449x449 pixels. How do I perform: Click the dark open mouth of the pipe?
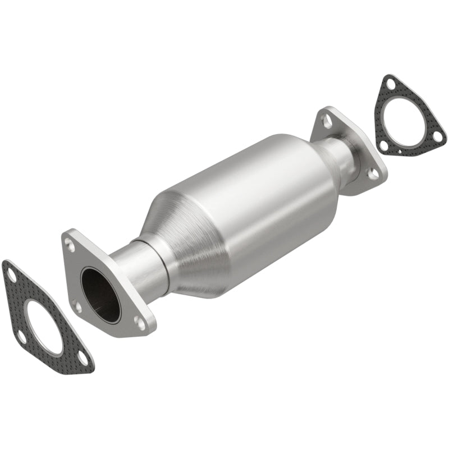[x=100, y=295]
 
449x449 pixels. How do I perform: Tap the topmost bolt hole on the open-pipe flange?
[x=70, y=245]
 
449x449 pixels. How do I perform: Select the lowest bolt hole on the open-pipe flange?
[x=139, y=321]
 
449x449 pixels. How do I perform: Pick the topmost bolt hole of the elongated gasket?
[x=11, y=273]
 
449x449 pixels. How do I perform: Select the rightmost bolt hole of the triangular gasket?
[x=437, y=136]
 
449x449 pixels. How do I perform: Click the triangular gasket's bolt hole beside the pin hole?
[x=384, y=145]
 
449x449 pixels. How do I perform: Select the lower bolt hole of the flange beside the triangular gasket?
[x=372, y=175]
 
